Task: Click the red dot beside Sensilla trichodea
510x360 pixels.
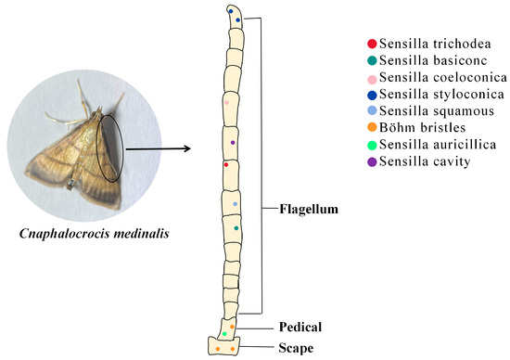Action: (x=372, y=44)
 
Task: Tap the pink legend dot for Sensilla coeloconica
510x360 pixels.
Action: (x=372, y=78)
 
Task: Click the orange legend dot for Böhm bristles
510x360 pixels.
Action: (x=372, y=128)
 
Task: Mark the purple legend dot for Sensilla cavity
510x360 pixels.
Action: (x=372, y=162)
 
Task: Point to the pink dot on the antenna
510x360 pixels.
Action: (x=226, y=103)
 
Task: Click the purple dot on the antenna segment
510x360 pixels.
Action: (x=233, y=142)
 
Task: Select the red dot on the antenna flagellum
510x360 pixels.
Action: (x=225, y=164)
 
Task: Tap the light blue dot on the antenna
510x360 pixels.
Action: (x=236, y=203)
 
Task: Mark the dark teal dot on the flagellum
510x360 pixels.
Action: (x=236, y=227)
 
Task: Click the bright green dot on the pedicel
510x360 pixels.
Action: (x=224, y=333)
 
